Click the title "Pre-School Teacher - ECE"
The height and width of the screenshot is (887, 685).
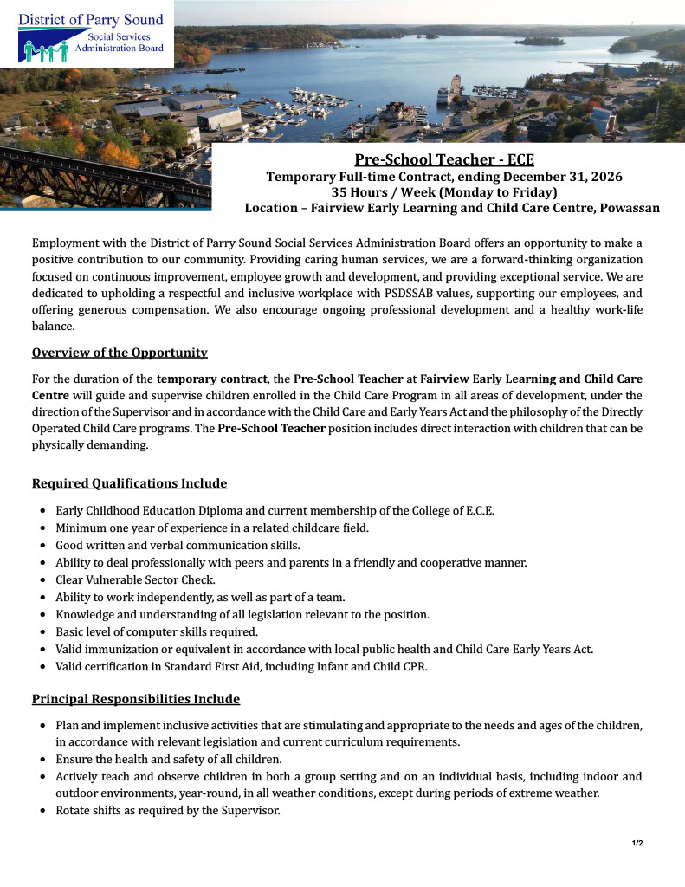tap(438, 159)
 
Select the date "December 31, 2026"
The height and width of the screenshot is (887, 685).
tap(560, 177)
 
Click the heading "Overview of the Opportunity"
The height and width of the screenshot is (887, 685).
tap(120, 353)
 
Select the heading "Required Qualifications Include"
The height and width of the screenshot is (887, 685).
tap(129, 483)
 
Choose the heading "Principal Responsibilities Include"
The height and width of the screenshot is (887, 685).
tap(135, 699)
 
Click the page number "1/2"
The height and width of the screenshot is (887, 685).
tap(637, 843)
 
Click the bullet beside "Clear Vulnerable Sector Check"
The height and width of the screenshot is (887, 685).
tap(43, 580)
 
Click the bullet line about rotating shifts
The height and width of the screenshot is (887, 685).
tap(168, 811)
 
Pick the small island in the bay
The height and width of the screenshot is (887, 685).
tap(539, 40)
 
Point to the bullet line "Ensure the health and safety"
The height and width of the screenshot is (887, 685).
tap(169, 760)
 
